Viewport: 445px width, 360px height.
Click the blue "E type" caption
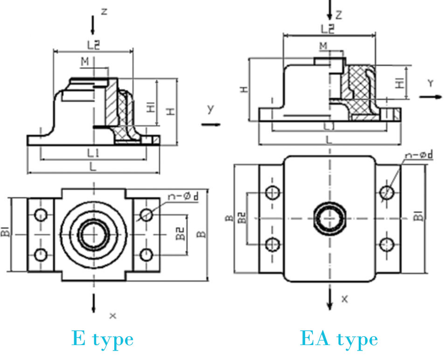[x=102, y=339]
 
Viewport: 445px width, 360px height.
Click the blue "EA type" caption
[x=339, y=339]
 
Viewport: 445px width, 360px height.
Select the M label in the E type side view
[x=84, y=62]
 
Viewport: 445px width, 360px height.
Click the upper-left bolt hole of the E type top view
[x=41, y=215]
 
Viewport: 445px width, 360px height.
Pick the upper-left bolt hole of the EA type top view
[x=272, y=192]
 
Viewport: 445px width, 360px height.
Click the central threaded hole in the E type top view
[x=94, y=234]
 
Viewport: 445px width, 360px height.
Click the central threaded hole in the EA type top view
[x=330, y=218]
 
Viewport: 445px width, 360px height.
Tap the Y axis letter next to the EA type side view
[x=431, y=83]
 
